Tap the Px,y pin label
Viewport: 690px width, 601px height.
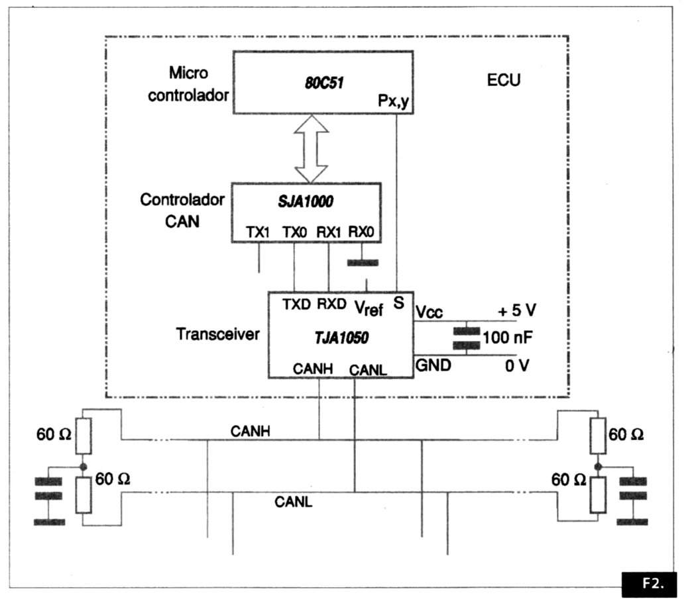[394, 99]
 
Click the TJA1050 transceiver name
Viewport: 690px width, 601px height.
[340, 337]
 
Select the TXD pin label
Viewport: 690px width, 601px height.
[296, 305]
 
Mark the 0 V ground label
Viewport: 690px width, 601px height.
[516, 365]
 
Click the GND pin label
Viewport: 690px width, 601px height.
[433, 365]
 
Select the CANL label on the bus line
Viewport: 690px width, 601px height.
[294, 502]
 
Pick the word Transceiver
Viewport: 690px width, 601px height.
[217, 334]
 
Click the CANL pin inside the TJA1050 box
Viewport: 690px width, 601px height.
[364, 369]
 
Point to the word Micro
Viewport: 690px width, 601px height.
[189, 71]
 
